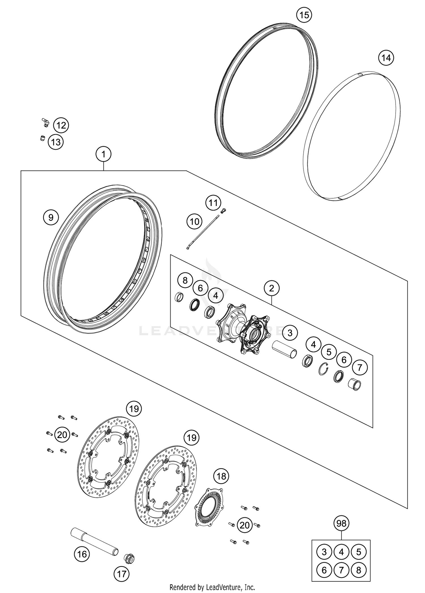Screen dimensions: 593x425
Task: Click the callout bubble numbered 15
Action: [x=304, y=15]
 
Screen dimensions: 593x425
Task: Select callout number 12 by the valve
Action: [x=61, y=125]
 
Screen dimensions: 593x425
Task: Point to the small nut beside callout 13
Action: [x=42, y=138]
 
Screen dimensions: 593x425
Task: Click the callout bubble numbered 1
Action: [x=103, y=154]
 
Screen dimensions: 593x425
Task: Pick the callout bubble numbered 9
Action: [x=51, y=218]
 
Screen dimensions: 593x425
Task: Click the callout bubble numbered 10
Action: [x=195, y=221]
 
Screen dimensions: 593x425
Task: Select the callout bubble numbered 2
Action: [x=272, y=288]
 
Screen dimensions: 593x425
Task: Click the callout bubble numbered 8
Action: [x=185, y=281]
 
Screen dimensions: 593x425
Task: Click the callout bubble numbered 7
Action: [x=360, y=368]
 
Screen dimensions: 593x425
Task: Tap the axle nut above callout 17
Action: [x=129, y=558]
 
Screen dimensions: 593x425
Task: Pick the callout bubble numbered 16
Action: [x=82, y=554]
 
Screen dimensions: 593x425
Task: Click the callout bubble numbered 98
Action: [x=341, y=523]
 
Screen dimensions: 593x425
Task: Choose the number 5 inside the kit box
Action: [x=359, y=552]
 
